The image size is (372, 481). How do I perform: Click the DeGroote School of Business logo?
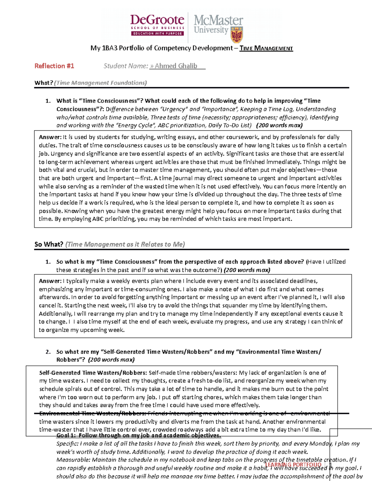[x=157, y=25]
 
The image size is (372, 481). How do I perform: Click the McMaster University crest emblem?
[x=237, y=35]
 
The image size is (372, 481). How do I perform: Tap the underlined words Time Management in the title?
[x=266, y=48]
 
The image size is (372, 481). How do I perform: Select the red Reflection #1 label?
[x=54, y=66]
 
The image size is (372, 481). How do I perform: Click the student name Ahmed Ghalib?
[x=176, y=66]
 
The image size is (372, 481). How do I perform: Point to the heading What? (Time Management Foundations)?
[x=91, y=83]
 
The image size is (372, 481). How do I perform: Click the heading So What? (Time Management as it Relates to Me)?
[x=109, y=244]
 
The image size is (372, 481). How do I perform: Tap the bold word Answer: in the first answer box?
[x=50, y=137]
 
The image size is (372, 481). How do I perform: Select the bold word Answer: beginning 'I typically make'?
[x=50, y=281]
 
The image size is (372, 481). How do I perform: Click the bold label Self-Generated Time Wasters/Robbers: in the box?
[x=93, y=373]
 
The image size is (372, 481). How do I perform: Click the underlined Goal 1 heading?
[x=139, y=435]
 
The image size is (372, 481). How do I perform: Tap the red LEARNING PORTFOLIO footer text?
[x=293, y=465]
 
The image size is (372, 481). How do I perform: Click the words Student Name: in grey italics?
[x=126, y=66]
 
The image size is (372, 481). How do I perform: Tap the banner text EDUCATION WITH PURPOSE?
[x=157, y=33]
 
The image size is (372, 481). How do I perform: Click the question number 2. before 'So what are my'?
[x=48, y=352]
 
